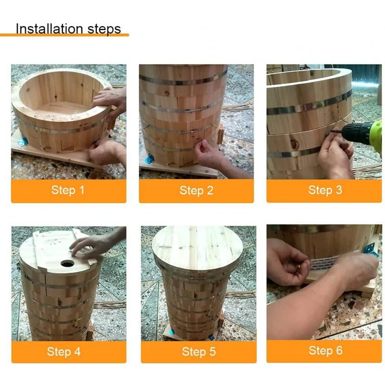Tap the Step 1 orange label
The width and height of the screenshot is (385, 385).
point(68,190)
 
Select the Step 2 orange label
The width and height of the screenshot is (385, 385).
point(196,190)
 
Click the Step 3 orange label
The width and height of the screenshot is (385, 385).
point(324,190)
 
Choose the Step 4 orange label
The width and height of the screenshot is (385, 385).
point(68,351)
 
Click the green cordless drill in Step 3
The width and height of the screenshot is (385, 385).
point(364,133)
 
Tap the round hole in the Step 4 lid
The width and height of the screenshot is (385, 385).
point(67,263)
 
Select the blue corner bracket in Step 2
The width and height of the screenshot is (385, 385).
point(149,158)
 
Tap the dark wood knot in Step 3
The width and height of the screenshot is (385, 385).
point(294,143)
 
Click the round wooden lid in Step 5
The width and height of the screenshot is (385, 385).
point(197,248)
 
